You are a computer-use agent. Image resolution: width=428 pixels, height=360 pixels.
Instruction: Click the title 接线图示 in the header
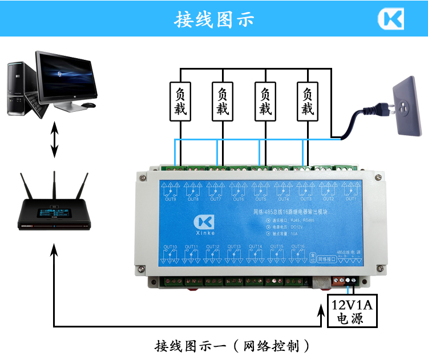click(214, 19)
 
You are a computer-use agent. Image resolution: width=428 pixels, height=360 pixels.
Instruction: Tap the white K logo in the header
click(390, 19)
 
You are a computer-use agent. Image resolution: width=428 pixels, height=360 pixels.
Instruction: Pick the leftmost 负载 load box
click(180, 101)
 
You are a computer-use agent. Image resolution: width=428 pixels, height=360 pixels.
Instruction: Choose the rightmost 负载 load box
click(308, 101)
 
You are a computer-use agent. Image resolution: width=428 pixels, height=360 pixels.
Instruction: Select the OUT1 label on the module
click(350, 199)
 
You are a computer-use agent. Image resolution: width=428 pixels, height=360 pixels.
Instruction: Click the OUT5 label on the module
click(260, 199)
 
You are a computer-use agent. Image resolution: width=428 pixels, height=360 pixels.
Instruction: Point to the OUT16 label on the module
click(298, 247)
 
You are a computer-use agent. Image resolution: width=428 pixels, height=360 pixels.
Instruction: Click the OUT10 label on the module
click(170, 247)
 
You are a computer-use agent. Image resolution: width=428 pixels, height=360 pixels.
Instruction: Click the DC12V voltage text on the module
click(294, 226)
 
